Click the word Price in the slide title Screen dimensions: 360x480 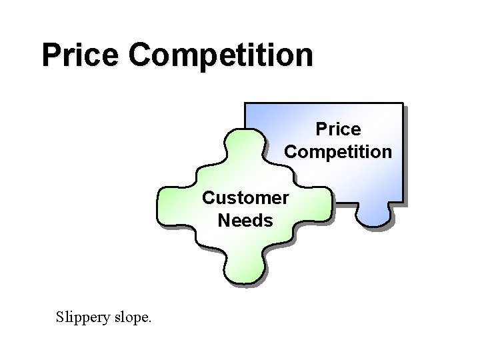pos(81,55)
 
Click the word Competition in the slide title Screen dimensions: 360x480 pos(221,55)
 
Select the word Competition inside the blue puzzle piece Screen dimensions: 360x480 pos(338,151)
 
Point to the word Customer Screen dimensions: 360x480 pos(245,198)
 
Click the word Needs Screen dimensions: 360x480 pos(245,220)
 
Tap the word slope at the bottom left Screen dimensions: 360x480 pos(131,317)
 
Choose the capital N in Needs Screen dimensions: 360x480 pos(224,220)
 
